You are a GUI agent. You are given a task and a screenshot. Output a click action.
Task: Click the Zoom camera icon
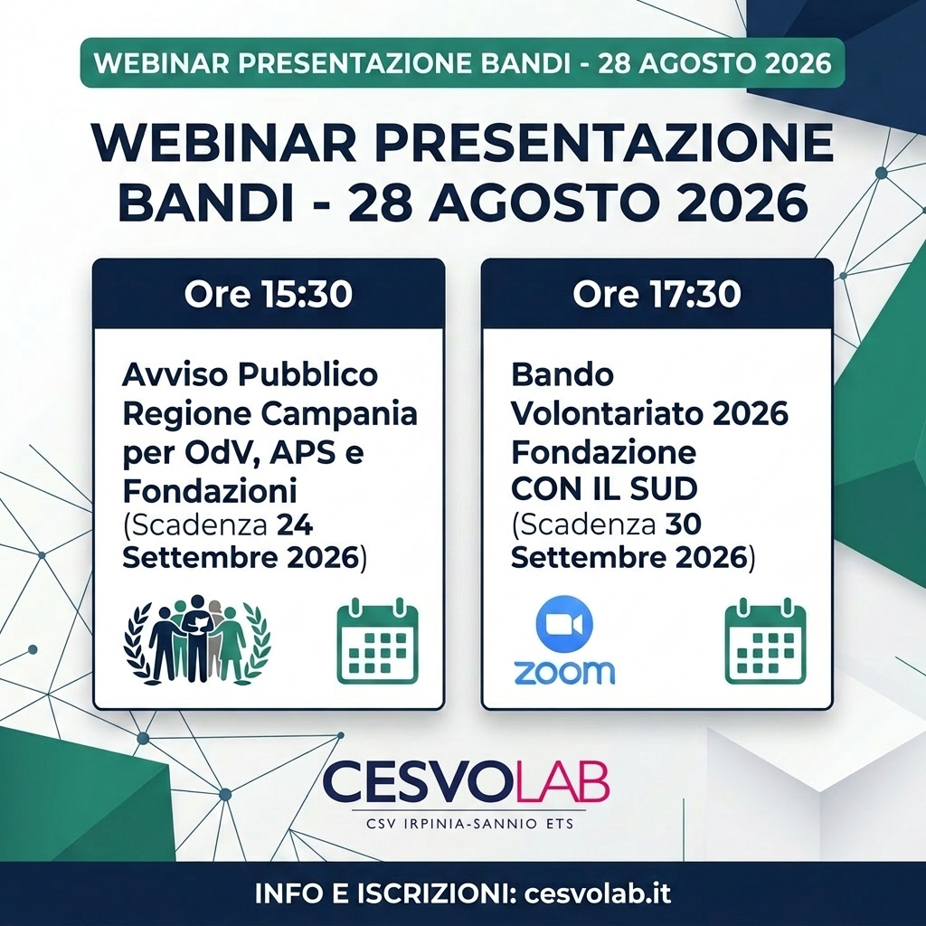(x=564, y=624)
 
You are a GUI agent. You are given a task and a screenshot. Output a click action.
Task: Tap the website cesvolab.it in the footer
(x=598, y=893)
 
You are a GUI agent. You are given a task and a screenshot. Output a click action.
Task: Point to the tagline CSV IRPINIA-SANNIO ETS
(x=469, y=823)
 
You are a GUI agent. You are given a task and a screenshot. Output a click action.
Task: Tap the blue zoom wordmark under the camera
(x=564, y=671)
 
